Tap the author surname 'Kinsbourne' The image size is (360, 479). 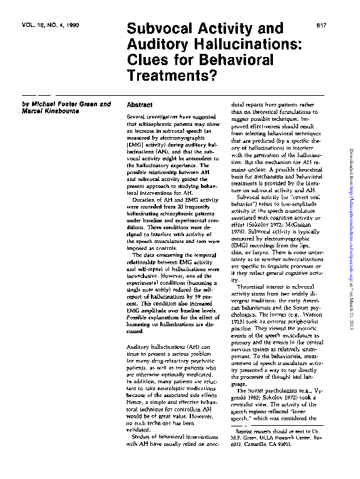click(62, 113)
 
